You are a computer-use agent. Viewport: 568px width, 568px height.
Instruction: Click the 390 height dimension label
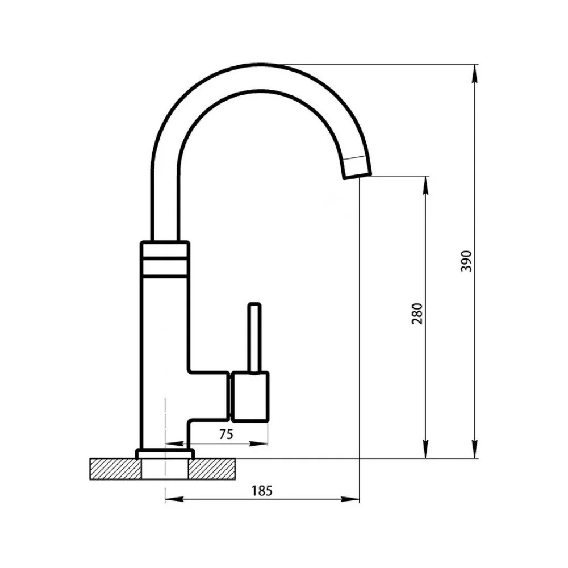click(466, 261)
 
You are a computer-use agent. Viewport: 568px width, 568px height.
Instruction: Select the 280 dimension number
click(417, 314)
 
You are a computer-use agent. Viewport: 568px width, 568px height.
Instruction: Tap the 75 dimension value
click(226, 434)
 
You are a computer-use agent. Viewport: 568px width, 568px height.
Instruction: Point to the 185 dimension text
click(261, 491)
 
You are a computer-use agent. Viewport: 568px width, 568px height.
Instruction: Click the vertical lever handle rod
click(254, 337)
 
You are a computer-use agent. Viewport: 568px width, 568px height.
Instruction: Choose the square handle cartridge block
click(250, 396)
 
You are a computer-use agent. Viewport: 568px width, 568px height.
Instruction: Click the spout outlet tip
click(357, 168)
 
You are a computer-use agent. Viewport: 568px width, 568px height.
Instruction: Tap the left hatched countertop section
click(115, 469)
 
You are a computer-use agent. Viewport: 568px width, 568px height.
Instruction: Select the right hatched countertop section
click(212, 469)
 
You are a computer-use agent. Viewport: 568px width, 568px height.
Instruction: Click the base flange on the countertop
click(165, 453)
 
